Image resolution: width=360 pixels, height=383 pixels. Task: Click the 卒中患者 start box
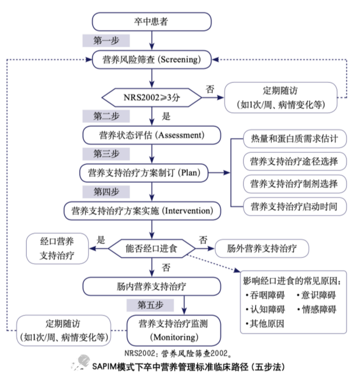151,22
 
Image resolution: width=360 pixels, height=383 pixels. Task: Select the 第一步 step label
105,41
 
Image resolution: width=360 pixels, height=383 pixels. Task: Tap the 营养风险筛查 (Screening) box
152,59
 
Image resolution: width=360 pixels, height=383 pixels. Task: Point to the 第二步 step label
105,115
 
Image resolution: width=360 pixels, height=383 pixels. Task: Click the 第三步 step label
105,153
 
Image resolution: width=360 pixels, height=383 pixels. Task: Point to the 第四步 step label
105,191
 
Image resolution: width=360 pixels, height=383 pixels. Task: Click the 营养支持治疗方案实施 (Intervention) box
142,210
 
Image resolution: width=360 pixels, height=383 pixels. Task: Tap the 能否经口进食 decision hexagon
151,249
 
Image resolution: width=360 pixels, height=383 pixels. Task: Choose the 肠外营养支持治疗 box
261,249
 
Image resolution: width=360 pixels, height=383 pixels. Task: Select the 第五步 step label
150,305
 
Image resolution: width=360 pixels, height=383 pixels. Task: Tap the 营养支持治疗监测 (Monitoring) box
173,330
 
